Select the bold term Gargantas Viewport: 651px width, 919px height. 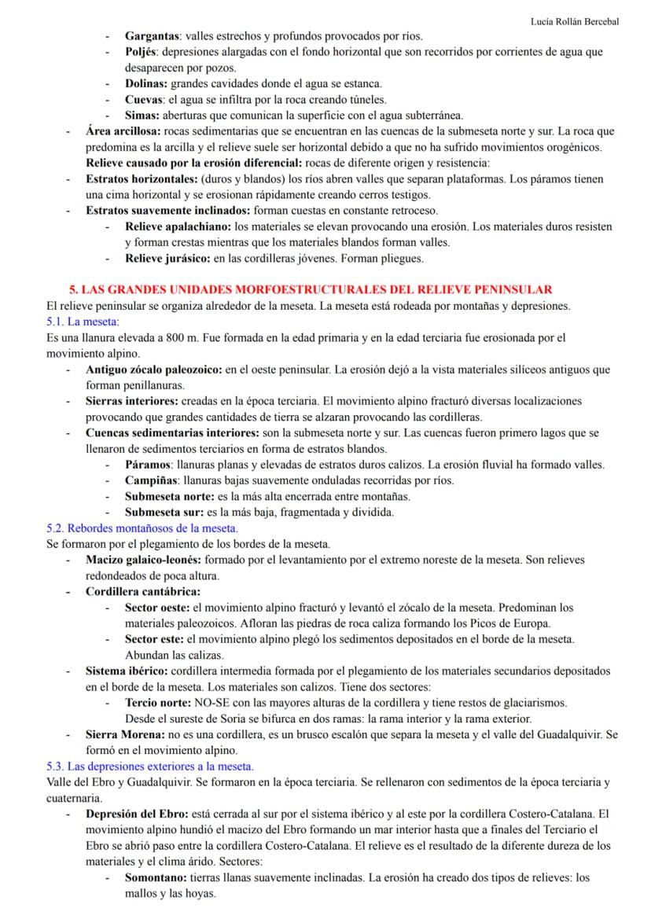153,36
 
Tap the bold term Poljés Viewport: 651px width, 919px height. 142,52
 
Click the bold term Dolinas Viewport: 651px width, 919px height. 146,83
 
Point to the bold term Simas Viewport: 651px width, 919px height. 142,115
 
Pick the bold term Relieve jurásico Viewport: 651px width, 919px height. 167,258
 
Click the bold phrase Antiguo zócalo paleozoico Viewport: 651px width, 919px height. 154,369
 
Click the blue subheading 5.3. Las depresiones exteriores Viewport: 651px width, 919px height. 149,766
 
